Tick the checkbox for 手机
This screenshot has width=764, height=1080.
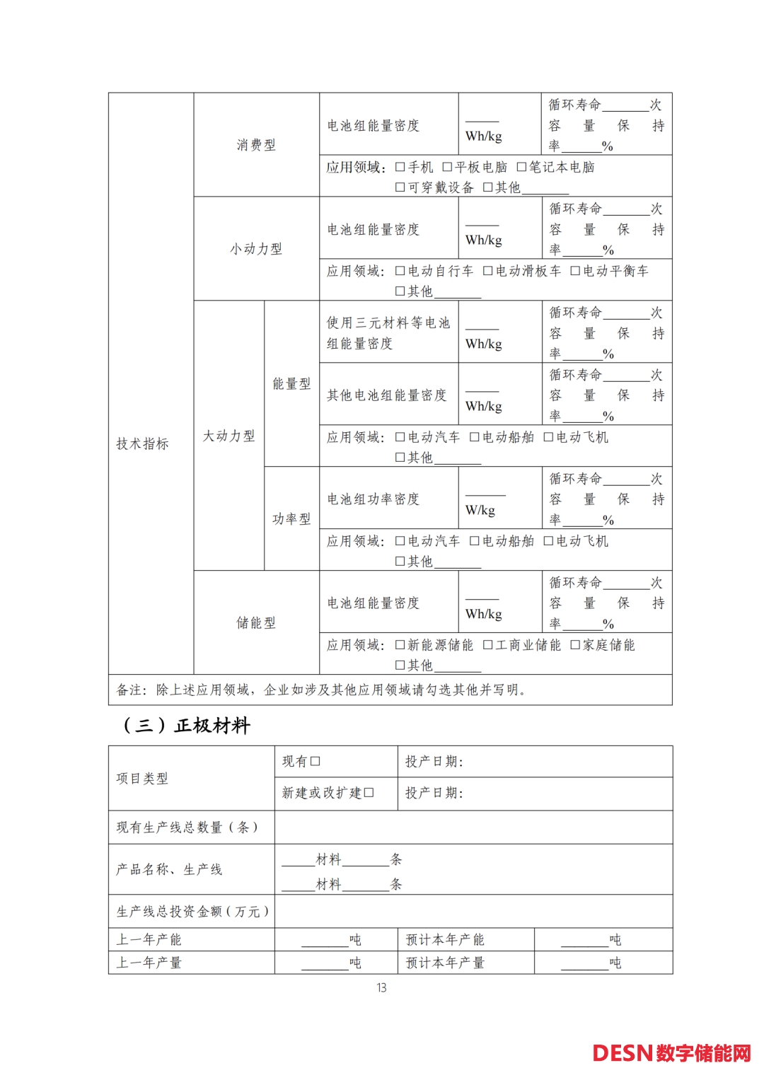click(400, 167)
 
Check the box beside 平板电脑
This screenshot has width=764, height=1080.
click(447, 167)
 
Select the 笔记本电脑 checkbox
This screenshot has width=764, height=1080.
click(521, 167)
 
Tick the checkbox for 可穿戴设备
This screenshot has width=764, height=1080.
click(400, 187)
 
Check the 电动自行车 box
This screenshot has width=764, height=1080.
click(400, 271)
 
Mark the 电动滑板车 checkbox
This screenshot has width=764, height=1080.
click(488, 271)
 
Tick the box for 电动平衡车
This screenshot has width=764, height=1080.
click(575, 271)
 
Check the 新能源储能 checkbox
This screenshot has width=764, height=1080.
click(400, 645)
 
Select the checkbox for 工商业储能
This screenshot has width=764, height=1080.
click(488, 645)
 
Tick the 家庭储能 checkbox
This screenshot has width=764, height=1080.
click(575, 645)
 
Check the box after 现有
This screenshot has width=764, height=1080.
click(316, 762)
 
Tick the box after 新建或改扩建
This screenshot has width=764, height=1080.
click(369, 793)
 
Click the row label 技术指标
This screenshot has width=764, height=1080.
click(142, 444)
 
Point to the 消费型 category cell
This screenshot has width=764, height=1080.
click(256, 145)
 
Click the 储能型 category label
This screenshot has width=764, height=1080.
click(256, 623)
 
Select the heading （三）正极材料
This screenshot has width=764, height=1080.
click(187, 726)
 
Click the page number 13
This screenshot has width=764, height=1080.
click(381, 988)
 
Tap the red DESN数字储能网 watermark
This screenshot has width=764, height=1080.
click(671, 1053)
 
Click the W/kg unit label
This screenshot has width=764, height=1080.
click(480, 511)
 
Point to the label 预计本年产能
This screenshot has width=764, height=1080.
click(445, 940)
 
